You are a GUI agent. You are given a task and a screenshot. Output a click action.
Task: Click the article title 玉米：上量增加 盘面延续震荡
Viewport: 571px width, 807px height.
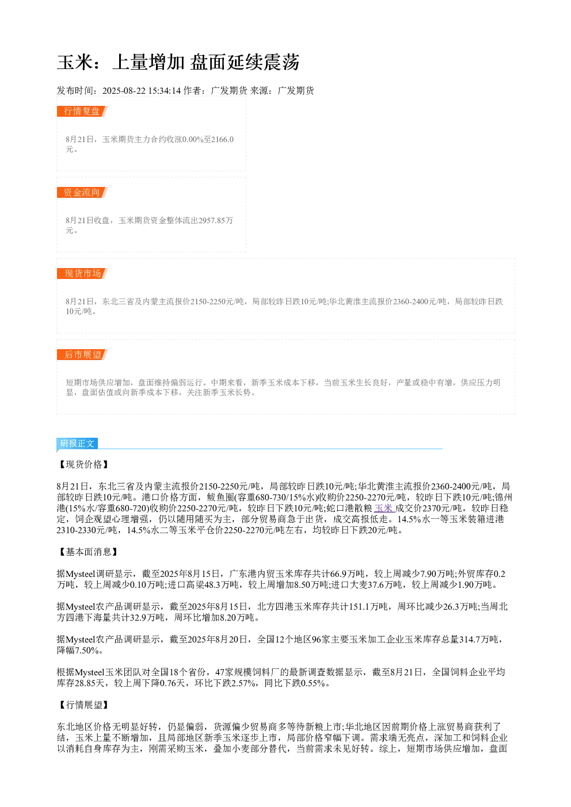178,62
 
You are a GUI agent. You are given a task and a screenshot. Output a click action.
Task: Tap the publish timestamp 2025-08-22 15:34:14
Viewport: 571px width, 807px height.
141,90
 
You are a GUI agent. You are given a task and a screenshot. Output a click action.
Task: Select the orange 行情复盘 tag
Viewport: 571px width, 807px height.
82,112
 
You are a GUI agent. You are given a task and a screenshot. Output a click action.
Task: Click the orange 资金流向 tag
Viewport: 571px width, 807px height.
82,192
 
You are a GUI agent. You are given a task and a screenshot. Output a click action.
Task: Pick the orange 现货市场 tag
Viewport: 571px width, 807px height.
82,273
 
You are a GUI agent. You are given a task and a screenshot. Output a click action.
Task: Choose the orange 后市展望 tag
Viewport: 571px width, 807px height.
82,354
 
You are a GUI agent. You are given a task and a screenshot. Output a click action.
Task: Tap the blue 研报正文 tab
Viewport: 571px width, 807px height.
77,443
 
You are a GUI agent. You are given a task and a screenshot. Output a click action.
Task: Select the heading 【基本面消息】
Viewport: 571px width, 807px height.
88,552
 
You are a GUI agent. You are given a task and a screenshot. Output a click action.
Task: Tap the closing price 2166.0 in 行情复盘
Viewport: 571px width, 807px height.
222,139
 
